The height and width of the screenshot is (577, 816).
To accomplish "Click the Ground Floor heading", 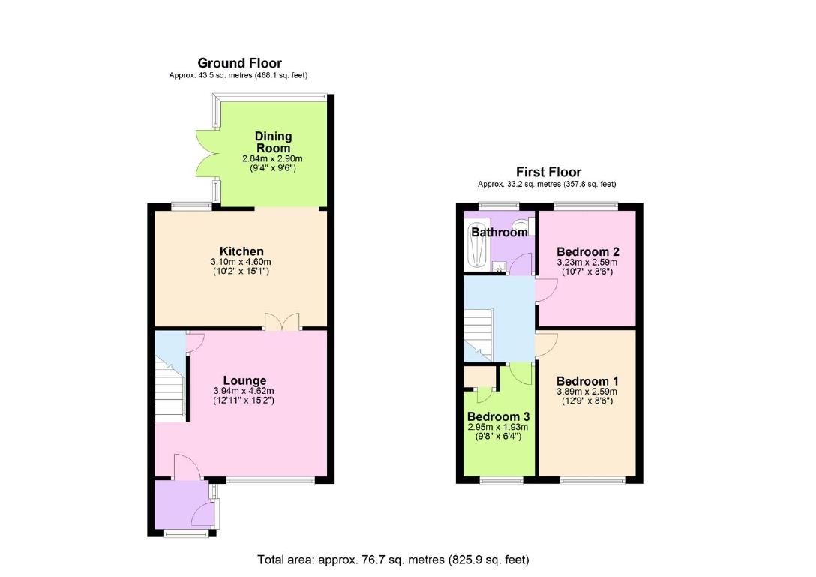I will [x=239, y=63].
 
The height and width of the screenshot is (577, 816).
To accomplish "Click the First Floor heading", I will [x=548, y=172].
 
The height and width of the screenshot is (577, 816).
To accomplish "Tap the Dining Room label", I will [x=272, y=143].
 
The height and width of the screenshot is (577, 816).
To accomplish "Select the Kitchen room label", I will [x=241, y=251].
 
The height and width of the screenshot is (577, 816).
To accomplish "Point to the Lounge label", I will [x=244, y=381].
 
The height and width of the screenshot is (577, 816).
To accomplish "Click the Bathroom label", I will [x=499, y=233].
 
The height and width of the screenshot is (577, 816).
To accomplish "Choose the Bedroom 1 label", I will [x=587, y=380].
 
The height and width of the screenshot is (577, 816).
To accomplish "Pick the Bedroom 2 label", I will [x=587, y=251].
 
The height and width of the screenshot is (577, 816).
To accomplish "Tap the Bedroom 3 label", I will [x=498, y=417].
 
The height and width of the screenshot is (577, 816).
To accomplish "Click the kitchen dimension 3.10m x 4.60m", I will [x=241, y=261].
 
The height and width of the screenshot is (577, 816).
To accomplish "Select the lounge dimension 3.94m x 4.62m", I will [x=244, y=391].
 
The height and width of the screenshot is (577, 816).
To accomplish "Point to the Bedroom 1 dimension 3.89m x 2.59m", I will [x=587, y=391].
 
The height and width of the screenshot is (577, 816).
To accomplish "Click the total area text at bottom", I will [x=393, y=560].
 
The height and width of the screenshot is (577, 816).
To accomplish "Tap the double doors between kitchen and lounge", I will [x=281, y=323].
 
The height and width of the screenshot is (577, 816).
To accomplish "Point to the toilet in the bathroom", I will [x=529, y=225].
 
